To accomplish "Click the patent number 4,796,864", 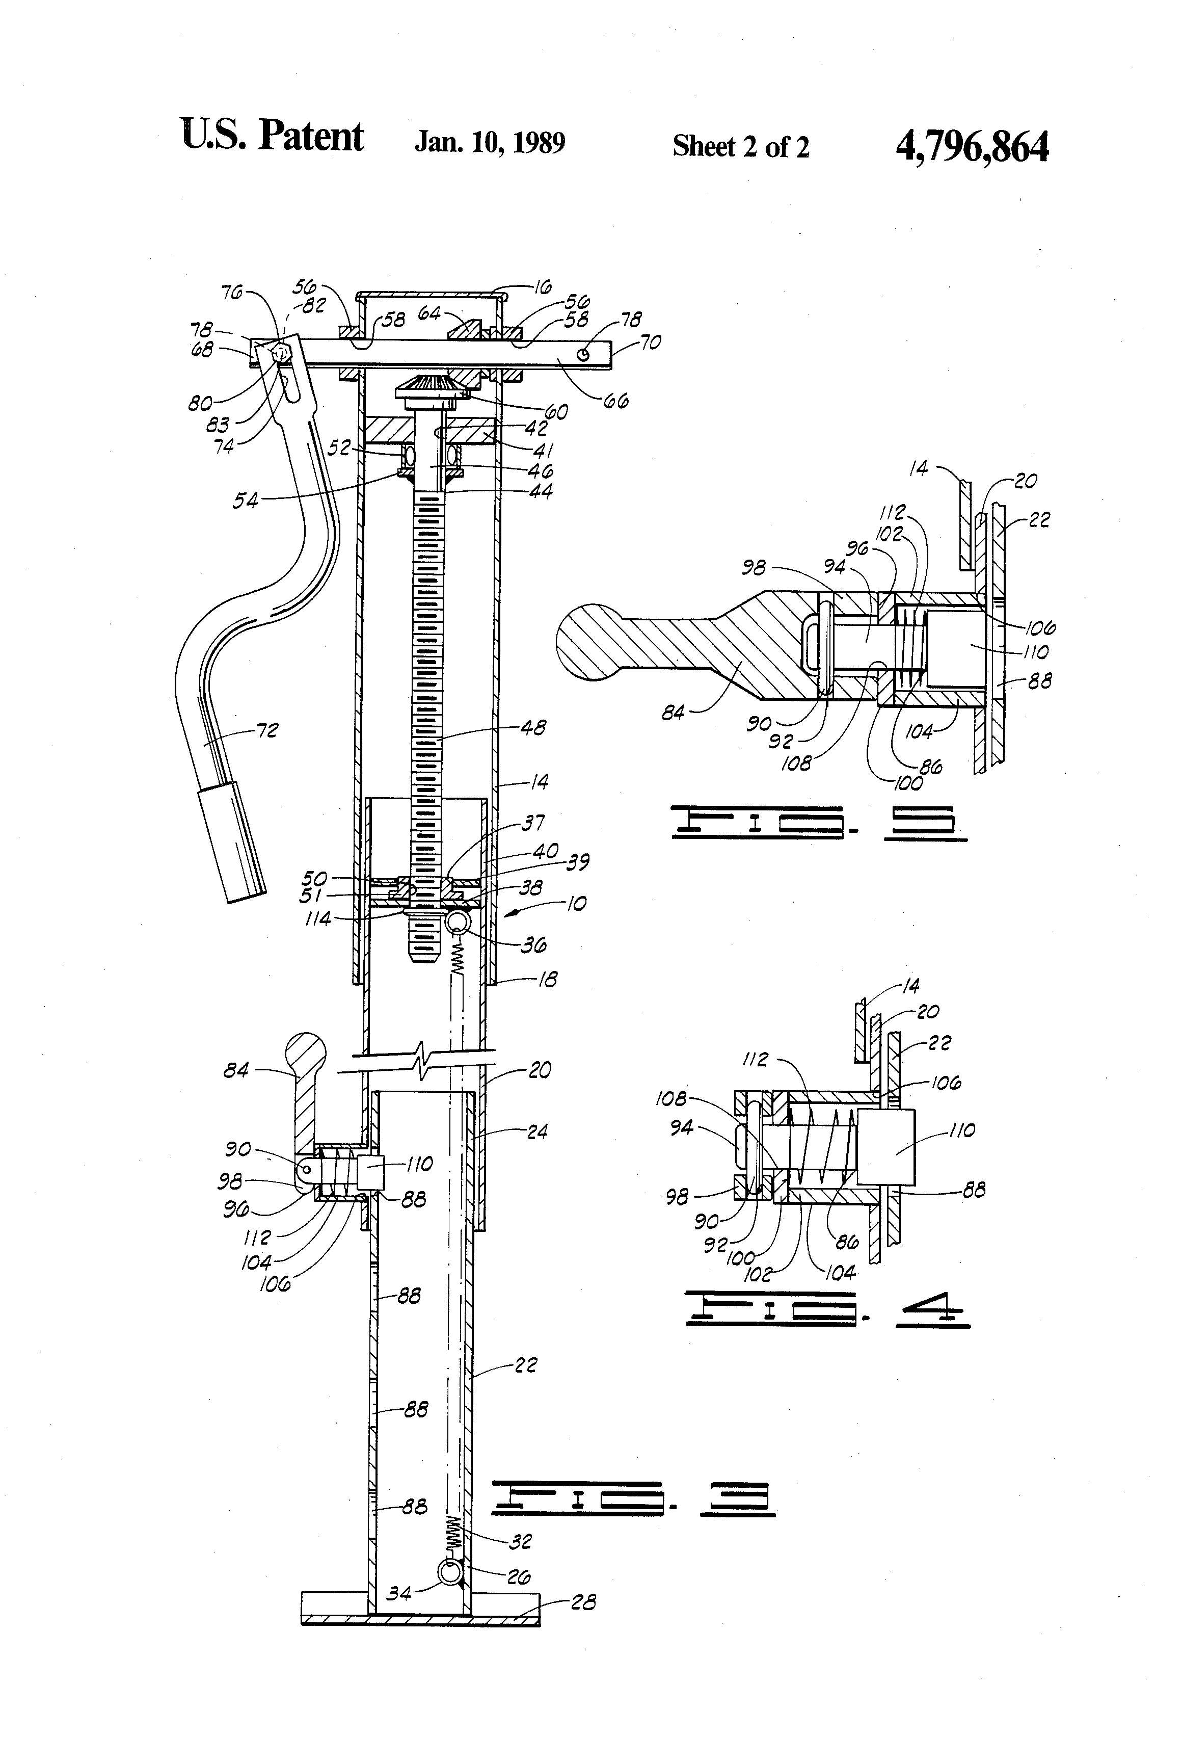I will coord(971,146).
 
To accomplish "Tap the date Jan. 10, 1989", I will coord(490,142).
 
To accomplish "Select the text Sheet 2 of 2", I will coord(740,146).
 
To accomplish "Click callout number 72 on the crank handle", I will coord(267,730).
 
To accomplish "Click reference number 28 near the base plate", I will coord(583,1602).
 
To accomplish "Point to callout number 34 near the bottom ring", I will coord(399,1593).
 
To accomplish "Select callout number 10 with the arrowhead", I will coord(575,904).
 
